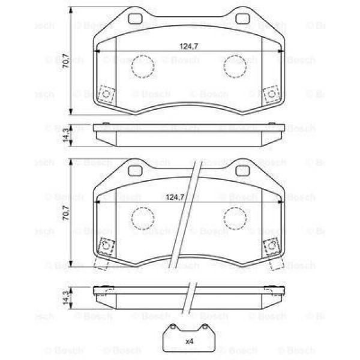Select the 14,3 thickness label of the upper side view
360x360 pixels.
(x=65, y=133)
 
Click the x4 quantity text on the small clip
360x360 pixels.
(x=189, y=341)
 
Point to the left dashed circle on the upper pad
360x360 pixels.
(x=142, y=67)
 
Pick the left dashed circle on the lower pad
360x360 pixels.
(x=142, y=218)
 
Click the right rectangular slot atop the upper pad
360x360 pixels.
(x=242, y=19)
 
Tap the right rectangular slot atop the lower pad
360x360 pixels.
(x=242, y=170)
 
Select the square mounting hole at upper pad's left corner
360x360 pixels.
(x=107, y=95)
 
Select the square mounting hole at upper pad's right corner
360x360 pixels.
(x=271, y=95)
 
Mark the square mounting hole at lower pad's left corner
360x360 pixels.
(x=107, y=246)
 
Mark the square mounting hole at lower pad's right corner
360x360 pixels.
(x=271, y=246)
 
